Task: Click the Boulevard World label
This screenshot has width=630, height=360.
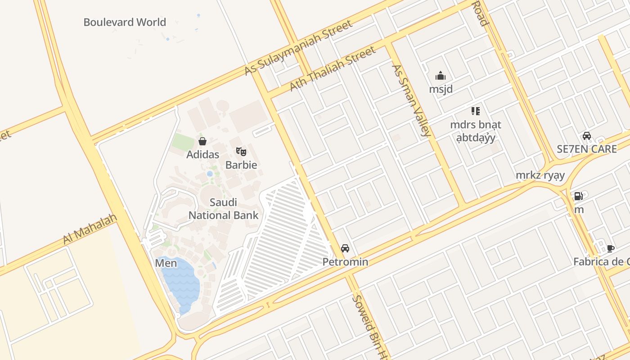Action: (x=125, y=22)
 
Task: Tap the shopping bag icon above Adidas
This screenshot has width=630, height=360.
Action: (x=202, y=141)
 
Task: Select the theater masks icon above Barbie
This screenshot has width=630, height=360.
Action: (x=241, y=152)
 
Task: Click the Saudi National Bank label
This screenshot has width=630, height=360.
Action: (x=223, y=209)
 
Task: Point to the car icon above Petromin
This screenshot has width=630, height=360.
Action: (x=345, y=248)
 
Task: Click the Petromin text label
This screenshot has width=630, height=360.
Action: (x=345, y=262)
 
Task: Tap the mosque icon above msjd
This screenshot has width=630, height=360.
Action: (x=441, y=76)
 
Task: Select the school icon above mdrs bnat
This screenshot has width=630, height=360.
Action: (x=476, y=111)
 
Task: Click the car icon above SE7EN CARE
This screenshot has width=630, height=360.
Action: (x=587, y=136)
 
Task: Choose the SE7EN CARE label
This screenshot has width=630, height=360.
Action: (x=587, y=149)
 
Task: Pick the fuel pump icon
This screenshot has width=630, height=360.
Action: (x=578, y=196)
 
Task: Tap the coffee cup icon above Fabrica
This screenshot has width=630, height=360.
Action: (x=611, y=248)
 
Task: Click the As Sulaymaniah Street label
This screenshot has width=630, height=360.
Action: (x=298, y=48)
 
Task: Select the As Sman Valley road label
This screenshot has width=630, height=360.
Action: (x=411, y=100)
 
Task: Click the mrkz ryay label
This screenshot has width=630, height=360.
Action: (x=540, y=175)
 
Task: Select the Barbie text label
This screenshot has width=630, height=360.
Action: (x=241, y=165)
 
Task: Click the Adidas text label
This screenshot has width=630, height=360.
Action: (x=203, y=154)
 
